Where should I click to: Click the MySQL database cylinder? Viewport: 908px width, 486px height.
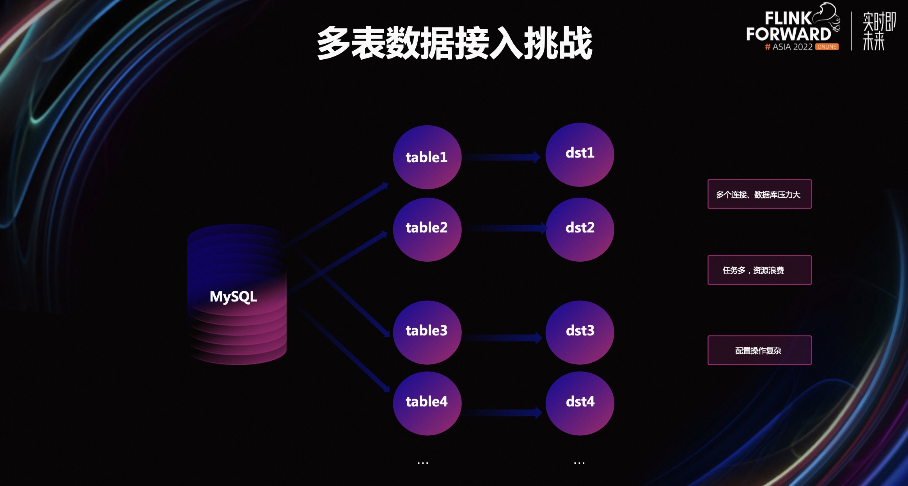[x=237, y=295]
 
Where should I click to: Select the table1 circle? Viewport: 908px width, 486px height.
[x=427, y=157]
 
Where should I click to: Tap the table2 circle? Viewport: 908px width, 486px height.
[x=427, y=229]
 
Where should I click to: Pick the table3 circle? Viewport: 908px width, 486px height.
[x=427, y=332]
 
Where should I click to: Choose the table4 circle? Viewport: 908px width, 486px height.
[x=427, y=403]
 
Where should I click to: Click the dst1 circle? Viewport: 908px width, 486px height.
[x=580, y=155]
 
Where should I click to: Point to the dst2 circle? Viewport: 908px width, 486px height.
[x=580, y=229]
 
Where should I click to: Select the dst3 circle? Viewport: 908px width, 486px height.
[x=580, y=332]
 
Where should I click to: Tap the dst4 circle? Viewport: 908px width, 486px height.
[x=580, y=403]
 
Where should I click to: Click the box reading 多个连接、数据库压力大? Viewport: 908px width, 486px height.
[x=759, y=194]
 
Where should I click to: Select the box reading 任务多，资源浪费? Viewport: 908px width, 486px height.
[x=759, y=270]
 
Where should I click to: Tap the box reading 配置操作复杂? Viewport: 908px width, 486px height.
[x=759, y=350]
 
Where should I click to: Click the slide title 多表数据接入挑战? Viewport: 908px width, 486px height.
[x=455, y=43]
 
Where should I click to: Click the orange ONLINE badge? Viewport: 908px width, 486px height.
[x=826, y=47]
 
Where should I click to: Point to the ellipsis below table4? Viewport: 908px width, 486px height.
[x=423, y=463]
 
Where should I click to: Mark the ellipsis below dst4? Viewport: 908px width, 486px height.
[x=579, y=463]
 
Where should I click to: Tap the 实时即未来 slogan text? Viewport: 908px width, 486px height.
[x=878, y=31]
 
